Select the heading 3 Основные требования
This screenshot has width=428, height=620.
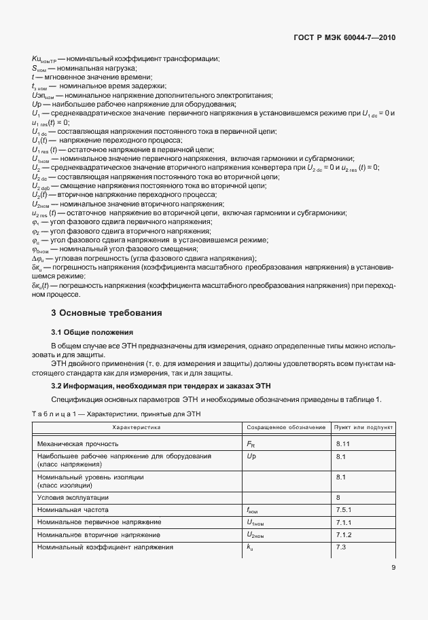(x=107, y=314)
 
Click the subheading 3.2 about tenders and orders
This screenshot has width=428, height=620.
(x=151, y=386)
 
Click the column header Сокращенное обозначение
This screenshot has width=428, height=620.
(x=285, y=428)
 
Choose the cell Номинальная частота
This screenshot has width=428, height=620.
(x=73, y=509)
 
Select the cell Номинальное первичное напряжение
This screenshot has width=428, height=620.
(x=99, y=522)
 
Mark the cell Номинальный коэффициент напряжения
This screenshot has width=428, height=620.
(x=100, y=547)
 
